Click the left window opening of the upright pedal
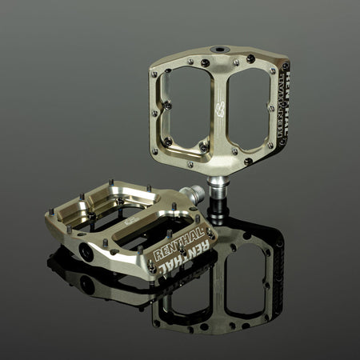[186, 109]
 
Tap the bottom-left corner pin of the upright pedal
[154, 150]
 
